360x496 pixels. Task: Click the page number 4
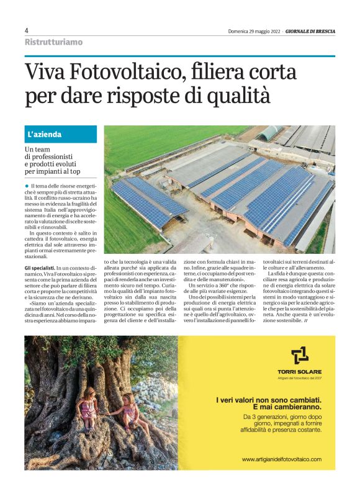[x=27, y=30]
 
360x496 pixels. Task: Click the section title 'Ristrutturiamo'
[x=53, y=42]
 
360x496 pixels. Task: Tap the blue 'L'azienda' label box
[x=60, y=134]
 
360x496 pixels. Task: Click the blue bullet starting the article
[x=27, y=186]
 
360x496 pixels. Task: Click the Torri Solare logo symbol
[x=300, y=356]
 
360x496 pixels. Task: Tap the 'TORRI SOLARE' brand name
[x=300, y=372]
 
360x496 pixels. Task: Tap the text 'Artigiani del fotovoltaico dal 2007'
[x=300, y=378]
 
